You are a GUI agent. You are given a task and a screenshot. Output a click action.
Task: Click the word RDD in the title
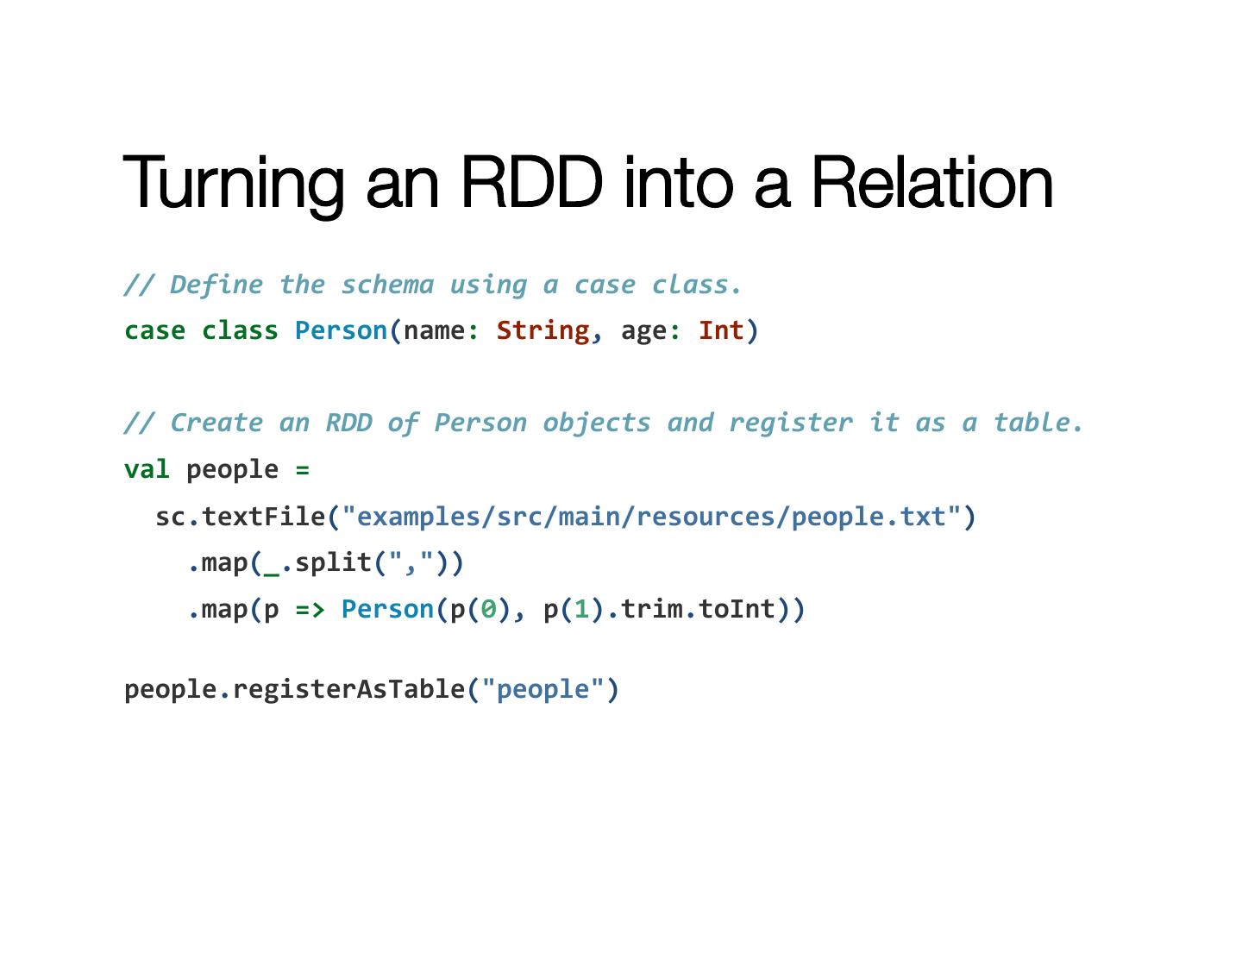click(530, 182)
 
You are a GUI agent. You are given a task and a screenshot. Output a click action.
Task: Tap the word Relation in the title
click(931, 182)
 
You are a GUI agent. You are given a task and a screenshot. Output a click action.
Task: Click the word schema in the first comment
click(387, 285)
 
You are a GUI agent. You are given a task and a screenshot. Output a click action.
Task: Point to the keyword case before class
click(154, 331)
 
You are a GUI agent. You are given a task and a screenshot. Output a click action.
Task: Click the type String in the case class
click(543, 331)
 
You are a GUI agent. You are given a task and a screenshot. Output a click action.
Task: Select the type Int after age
click(721, 331)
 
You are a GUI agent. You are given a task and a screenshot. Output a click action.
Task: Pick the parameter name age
click(643, 331)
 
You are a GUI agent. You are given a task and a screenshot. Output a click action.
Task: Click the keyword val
click(147, 470)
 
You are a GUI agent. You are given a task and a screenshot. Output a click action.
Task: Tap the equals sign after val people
click(302, 470)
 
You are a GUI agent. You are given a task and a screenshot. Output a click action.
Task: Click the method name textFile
click(263, 517)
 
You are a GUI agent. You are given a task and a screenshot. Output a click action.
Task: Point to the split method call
click(333, 563)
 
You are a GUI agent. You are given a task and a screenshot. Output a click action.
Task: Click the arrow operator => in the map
click(310, 610)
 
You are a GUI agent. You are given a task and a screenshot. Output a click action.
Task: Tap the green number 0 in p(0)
click(489, 610)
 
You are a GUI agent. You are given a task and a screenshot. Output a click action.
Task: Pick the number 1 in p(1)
click(582, 610)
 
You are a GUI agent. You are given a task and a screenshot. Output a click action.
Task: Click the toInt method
click(737, 610)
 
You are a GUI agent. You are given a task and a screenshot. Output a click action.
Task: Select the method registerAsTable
click(348, 689)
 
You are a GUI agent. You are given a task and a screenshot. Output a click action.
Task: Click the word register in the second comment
click(791, 423)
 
